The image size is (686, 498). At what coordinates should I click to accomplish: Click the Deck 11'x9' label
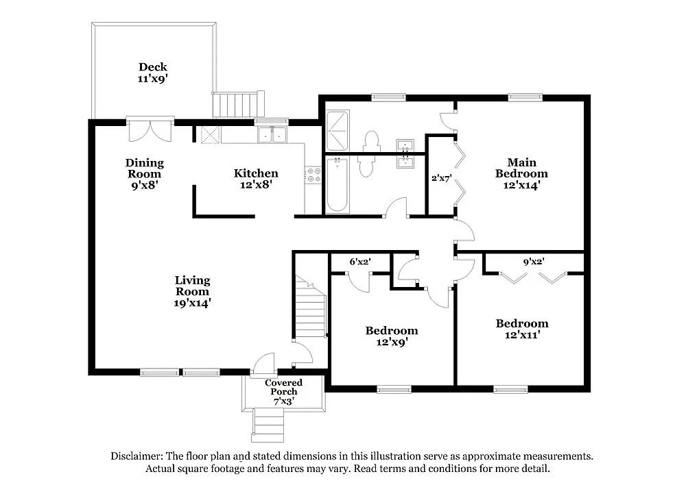tap(153, 73)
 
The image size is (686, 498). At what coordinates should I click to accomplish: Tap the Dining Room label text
tap(145, 173)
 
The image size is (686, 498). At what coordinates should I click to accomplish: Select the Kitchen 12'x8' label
tap(256, 179)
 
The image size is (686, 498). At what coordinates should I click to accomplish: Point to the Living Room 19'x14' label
tap(192, 291)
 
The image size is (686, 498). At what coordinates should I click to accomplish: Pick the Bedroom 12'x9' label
tap(391, 336)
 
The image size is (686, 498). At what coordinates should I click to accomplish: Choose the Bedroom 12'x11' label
tap(522, 329)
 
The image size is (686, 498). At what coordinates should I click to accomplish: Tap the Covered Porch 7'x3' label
tap(284, 391)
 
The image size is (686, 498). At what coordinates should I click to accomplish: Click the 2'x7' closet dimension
tap(440, 179)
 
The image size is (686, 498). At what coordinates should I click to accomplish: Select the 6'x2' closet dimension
tap(360, 261)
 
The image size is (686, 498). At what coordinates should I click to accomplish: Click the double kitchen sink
tap(272, 135)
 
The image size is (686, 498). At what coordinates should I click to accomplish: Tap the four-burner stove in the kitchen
tap(313, 175)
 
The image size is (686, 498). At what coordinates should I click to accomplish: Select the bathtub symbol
tap(337, 185)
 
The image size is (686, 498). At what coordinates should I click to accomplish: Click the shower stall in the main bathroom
tap(338, 131)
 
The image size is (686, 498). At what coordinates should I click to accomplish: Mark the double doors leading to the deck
tap(151, 130)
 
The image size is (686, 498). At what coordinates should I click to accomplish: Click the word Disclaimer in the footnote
tap(136, 456)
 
